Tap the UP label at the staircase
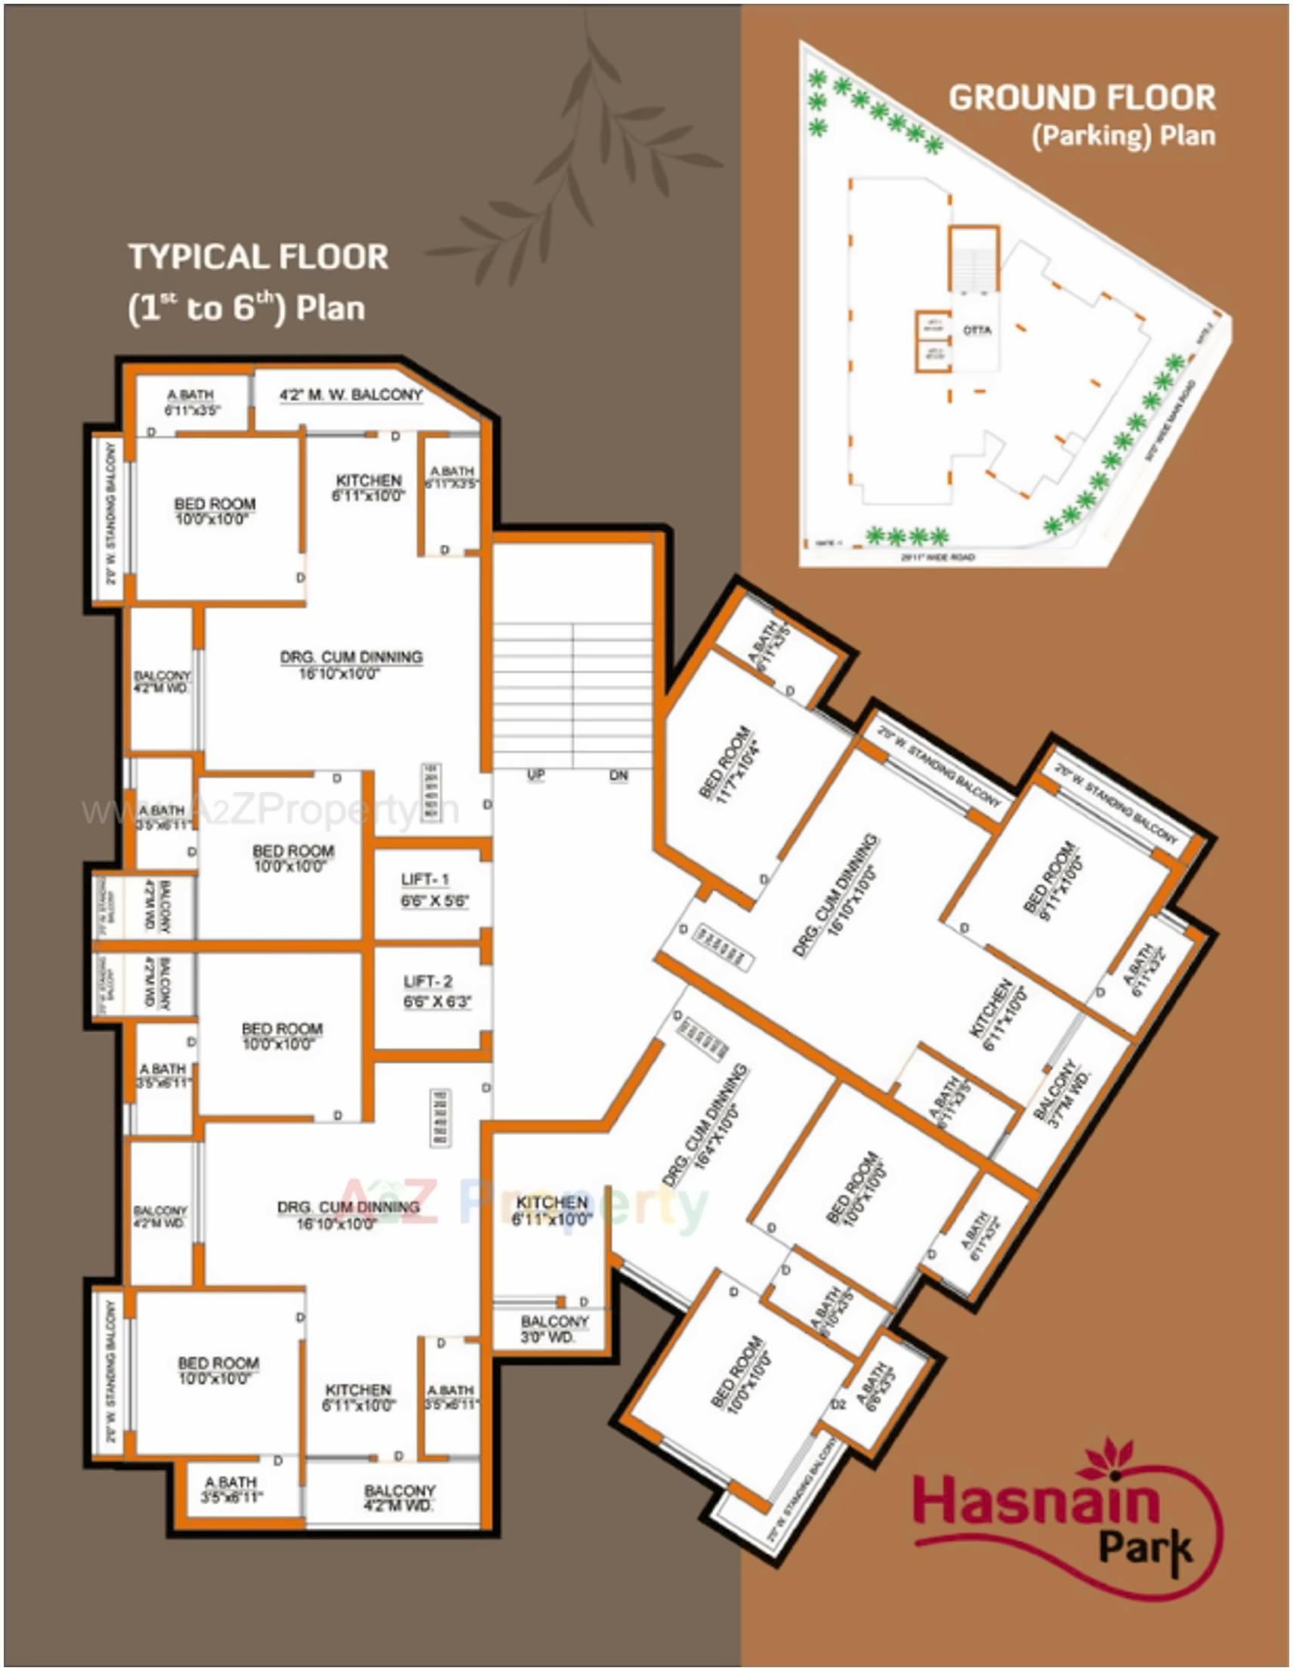[x=535, y=775]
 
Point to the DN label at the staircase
[x=619, y=775]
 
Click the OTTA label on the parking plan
[x=977, y=331]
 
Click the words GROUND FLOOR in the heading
[x=1082, y=98]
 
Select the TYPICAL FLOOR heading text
[x=258, y=257]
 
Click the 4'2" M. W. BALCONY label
[x=350, y=395]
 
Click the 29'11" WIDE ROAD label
[x=937, y=557]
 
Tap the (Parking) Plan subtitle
[x=1123, y=136]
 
